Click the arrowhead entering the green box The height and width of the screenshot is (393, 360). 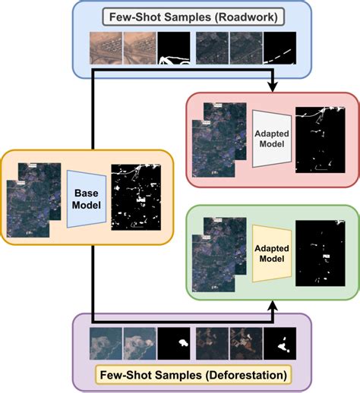tap(271, 307)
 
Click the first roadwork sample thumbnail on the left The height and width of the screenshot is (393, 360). tap(105, 47)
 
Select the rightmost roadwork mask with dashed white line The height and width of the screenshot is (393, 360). tap(287, 47)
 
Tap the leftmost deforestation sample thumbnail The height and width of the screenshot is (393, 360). tap(105, 341)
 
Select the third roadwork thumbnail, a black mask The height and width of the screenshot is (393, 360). tap(174, 47)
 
